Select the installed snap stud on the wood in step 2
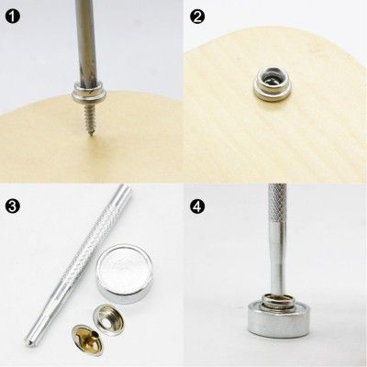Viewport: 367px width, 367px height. click(267, 90)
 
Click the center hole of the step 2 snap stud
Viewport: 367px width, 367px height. click(267, 89)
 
